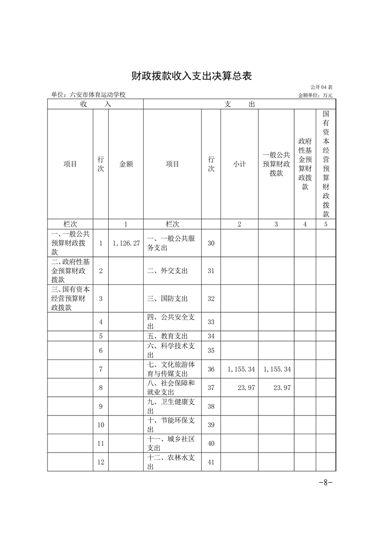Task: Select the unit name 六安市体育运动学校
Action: click(x=88, y=95)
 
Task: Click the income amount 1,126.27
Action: click(x=126, y=244)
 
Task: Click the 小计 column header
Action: click(x=239, y=164)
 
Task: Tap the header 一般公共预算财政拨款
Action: click(x=276, y=164)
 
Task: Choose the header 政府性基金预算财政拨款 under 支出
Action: click(x=305, y=164)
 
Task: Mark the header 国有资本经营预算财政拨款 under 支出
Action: click(x=326, y=164)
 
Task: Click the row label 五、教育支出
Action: click(x=168, y=336)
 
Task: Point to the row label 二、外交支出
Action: click(x=168, y=271)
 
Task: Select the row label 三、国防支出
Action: click(x=168, y=298)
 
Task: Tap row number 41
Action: click(x=211, y=462)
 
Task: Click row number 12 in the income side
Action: click(x=101, y=462)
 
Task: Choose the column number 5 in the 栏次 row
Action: click(x=326, y=224)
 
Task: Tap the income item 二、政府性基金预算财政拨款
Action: click(x=70, y=271)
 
